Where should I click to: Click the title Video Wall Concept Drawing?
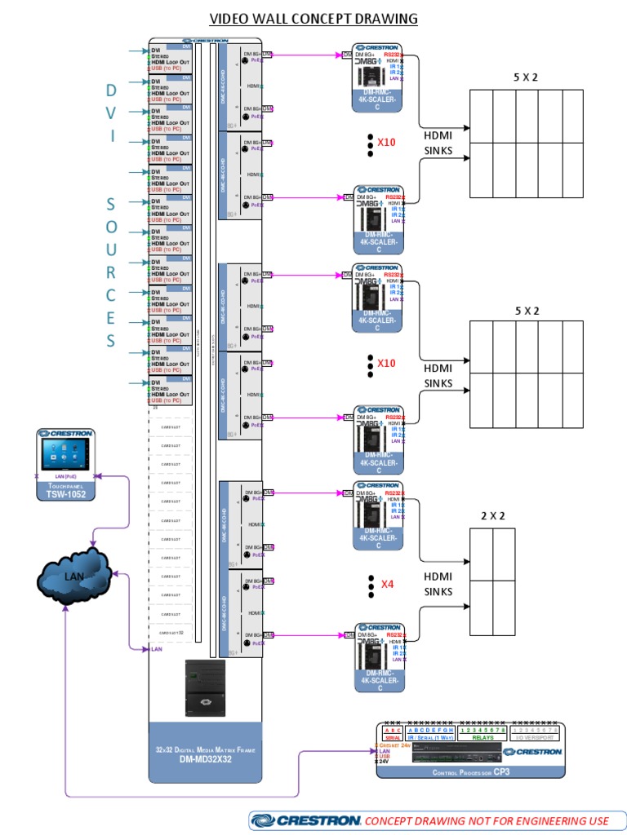coord(313,18)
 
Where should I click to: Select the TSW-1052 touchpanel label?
coord(65,493)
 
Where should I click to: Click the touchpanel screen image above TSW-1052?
coord(65,455)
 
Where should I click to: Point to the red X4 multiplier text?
coord(387,584)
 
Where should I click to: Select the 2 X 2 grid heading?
coord(492,515)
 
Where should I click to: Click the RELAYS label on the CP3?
coord(483,737)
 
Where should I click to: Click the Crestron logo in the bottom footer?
coord(305,820)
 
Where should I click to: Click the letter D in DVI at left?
coord(111,90)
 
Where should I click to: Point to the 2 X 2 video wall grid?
coord(492,581)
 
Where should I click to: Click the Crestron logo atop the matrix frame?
coord(205,39)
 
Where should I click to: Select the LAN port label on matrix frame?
coord(156,649)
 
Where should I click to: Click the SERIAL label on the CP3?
coord(392,737)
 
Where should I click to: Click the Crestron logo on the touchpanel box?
coord(65,434)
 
